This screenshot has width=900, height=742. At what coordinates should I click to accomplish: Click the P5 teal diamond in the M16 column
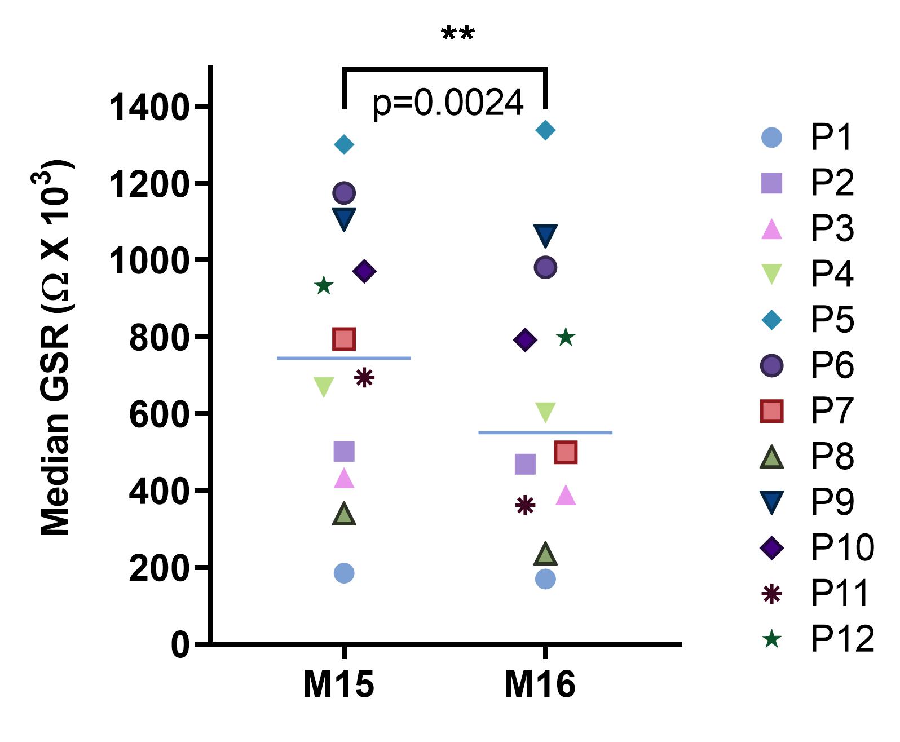click(x=545, y=130)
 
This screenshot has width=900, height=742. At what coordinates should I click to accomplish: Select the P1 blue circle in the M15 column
click(x=344, y=573)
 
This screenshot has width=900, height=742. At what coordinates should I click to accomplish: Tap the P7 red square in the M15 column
click(x=344, y=339)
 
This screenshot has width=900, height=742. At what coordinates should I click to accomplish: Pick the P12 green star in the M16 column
click(x=566, y=338)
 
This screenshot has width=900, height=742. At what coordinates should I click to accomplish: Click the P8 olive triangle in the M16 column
click(x=545, y=554)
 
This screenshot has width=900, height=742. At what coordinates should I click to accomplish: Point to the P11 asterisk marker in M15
click(x=364, y=378)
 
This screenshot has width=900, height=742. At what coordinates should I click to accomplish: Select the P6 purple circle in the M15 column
click(x=344, y=193)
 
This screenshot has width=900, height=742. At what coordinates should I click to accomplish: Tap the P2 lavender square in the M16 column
click(x=525, y=465)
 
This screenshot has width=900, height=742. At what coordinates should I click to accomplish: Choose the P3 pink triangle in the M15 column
click(x=344, y=479)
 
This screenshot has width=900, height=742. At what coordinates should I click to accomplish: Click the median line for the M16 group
click(x=545, y=432)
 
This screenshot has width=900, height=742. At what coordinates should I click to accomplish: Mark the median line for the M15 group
click(x=344, y=358)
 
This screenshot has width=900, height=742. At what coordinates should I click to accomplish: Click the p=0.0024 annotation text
click(x=448, y=103)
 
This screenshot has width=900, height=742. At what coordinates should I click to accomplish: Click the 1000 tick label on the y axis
click(x=148, y=261)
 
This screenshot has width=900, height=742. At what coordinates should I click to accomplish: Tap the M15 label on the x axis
click(x=338, y=684)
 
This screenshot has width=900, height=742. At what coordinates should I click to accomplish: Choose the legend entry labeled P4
click(x=806, y=274)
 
